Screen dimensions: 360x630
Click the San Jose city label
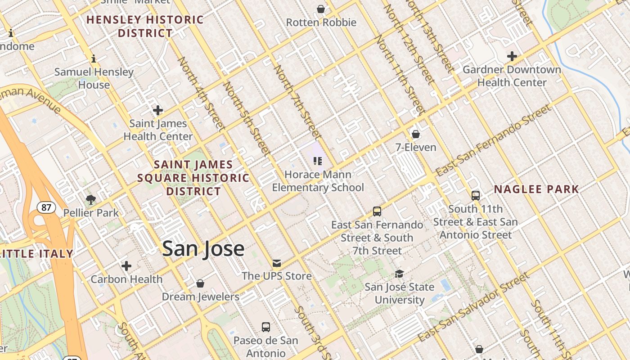(x=203, y=248)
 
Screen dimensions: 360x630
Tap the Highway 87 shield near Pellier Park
(x=46, y=207)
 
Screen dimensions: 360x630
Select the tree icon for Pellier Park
(x=91, y=199)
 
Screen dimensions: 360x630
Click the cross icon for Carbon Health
(x=126, y=266)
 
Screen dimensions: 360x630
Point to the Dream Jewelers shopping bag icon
(x=200, y=283)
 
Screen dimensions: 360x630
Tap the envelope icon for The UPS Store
(x=276, y=263)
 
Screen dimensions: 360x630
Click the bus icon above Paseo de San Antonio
(x=266, y=327)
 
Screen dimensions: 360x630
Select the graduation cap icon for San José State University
(x=399, y=274)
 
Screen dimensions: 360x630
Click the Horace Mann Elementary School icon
(x=318, y=161)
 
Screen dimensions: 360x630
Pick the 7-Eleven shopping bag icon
(x=416, y=134)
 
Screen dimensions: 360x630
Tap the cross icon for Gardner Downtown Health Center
(x=512, y=56)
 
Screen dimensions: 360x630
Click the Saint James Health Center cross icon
(x=158, y=110)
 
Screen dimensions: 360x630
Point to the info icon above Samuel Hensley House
(x=94, y=58)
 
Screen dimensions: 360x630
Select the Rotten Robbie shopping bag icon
(x=321, y=9)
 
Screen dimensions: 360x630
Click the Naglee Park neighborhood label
(x=536, y=189)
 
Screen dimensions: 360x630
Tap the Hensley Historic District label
(x=145, y=27)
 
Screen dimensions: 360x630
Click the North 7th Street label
(x=298, y=102)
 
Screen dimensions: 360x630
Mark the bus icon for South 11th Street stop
(x=476, y=195)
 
